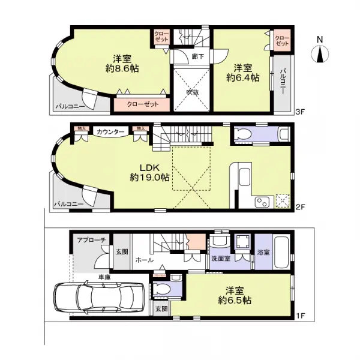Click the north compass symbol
pos(320,53)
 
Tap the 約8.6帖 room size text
pos(122,70)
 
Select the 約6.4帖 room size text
pos(243,77)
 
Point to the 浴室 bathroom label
pos(262,252)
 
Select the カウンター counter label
pos(110,131)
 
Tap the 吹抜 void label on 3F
pos(192,92)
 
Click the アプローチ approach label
pos(91,240)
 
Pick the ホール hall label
pos(143,260)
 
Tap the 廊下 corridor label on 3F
pos(196,56)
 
